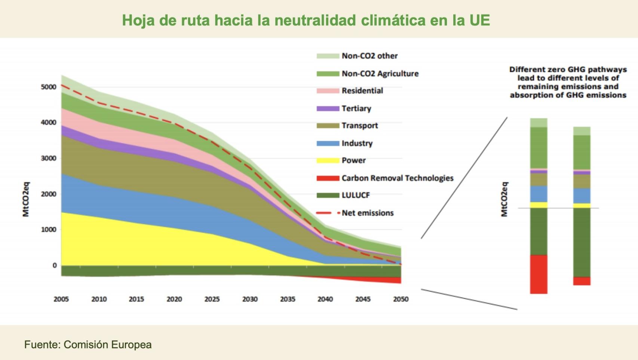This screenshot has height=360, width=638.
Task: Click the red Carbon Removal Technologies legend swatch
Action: point(328,178)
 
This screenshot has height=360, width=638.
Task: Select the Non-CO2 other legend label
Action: point(369,56)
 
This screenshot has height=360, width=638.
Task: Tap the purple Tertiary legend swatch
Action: point(328,109)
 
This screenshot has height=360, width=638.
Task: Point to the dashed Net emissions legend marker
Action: point(328,213)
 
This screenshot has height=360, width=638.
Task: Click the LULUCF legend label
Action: point(356,195)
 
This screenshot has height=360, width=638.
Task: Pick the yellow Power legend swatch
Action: point(328,161)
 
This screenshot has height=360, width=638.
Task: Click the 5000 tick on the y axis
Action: point(49,87)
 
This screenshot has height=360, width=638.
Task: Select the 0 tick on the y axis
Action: point(55,265)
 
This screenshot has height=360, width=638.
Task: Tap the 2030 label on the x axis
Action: point(250,299)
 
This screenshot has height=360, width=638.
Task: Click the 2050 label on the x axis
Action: point(401,299)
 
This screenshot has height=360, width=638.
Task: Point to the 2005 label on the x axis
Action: point(61,299)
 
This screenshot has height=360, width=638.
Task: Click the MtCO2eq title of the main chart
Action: point(26,199)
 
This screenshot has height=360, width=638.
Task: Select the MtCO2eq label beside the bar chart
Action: point(504,199)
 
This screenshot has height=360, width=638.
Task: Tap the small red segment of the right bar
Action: point(582,281)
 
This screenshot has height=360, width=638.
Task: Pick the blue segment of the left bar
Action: point(539,194)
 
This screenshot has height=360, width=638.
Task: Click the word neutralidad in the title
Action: point(315,20)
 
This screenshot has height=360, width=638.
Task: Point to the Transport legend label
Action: point(359,126)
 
